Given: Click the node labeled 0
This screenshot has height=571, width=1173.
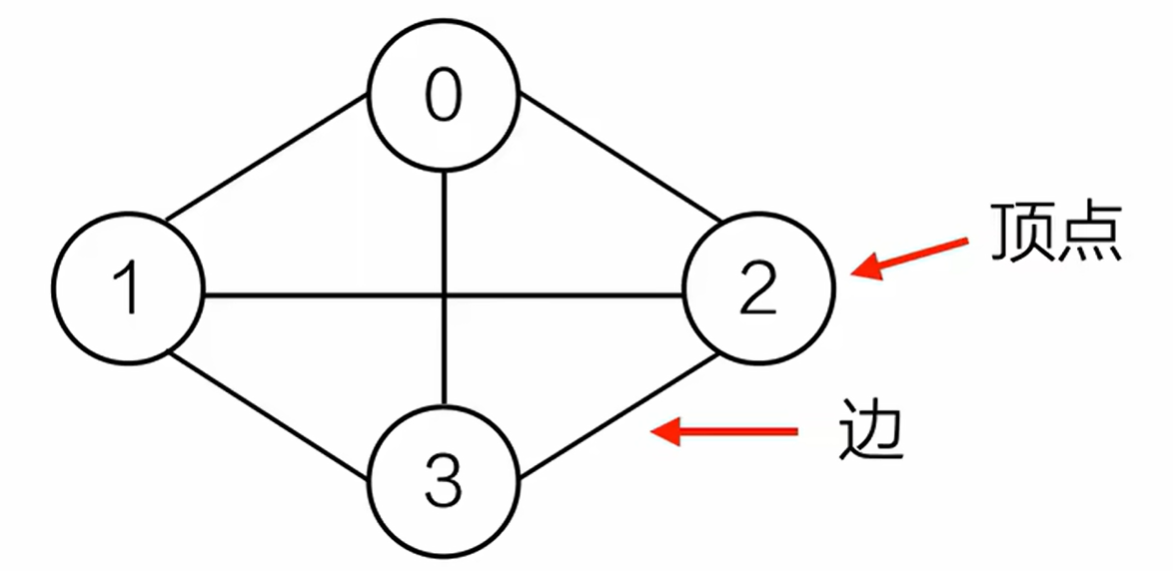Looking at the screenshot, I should [444, 99].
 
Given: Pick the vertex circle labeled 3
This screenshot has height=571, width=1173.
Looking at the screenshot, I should [444, 481].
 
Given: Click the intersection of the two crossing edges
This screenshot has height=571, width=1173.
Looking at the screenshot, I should [444, 294].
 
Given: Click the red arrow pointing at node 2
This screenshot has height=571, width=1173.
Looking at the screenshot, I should [909, 256].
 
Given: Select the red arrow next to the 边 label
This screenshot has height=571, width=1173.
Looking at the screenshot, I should [723, 431].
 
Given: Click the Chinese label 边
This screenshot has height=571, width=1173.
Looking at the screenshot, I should [868, 431].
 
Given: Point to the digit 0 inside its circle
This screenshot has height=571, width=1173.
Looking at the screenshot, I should [444, 97].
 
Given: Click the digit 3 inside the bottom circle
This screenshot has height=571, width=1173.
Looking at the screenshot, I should [444, 482].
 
